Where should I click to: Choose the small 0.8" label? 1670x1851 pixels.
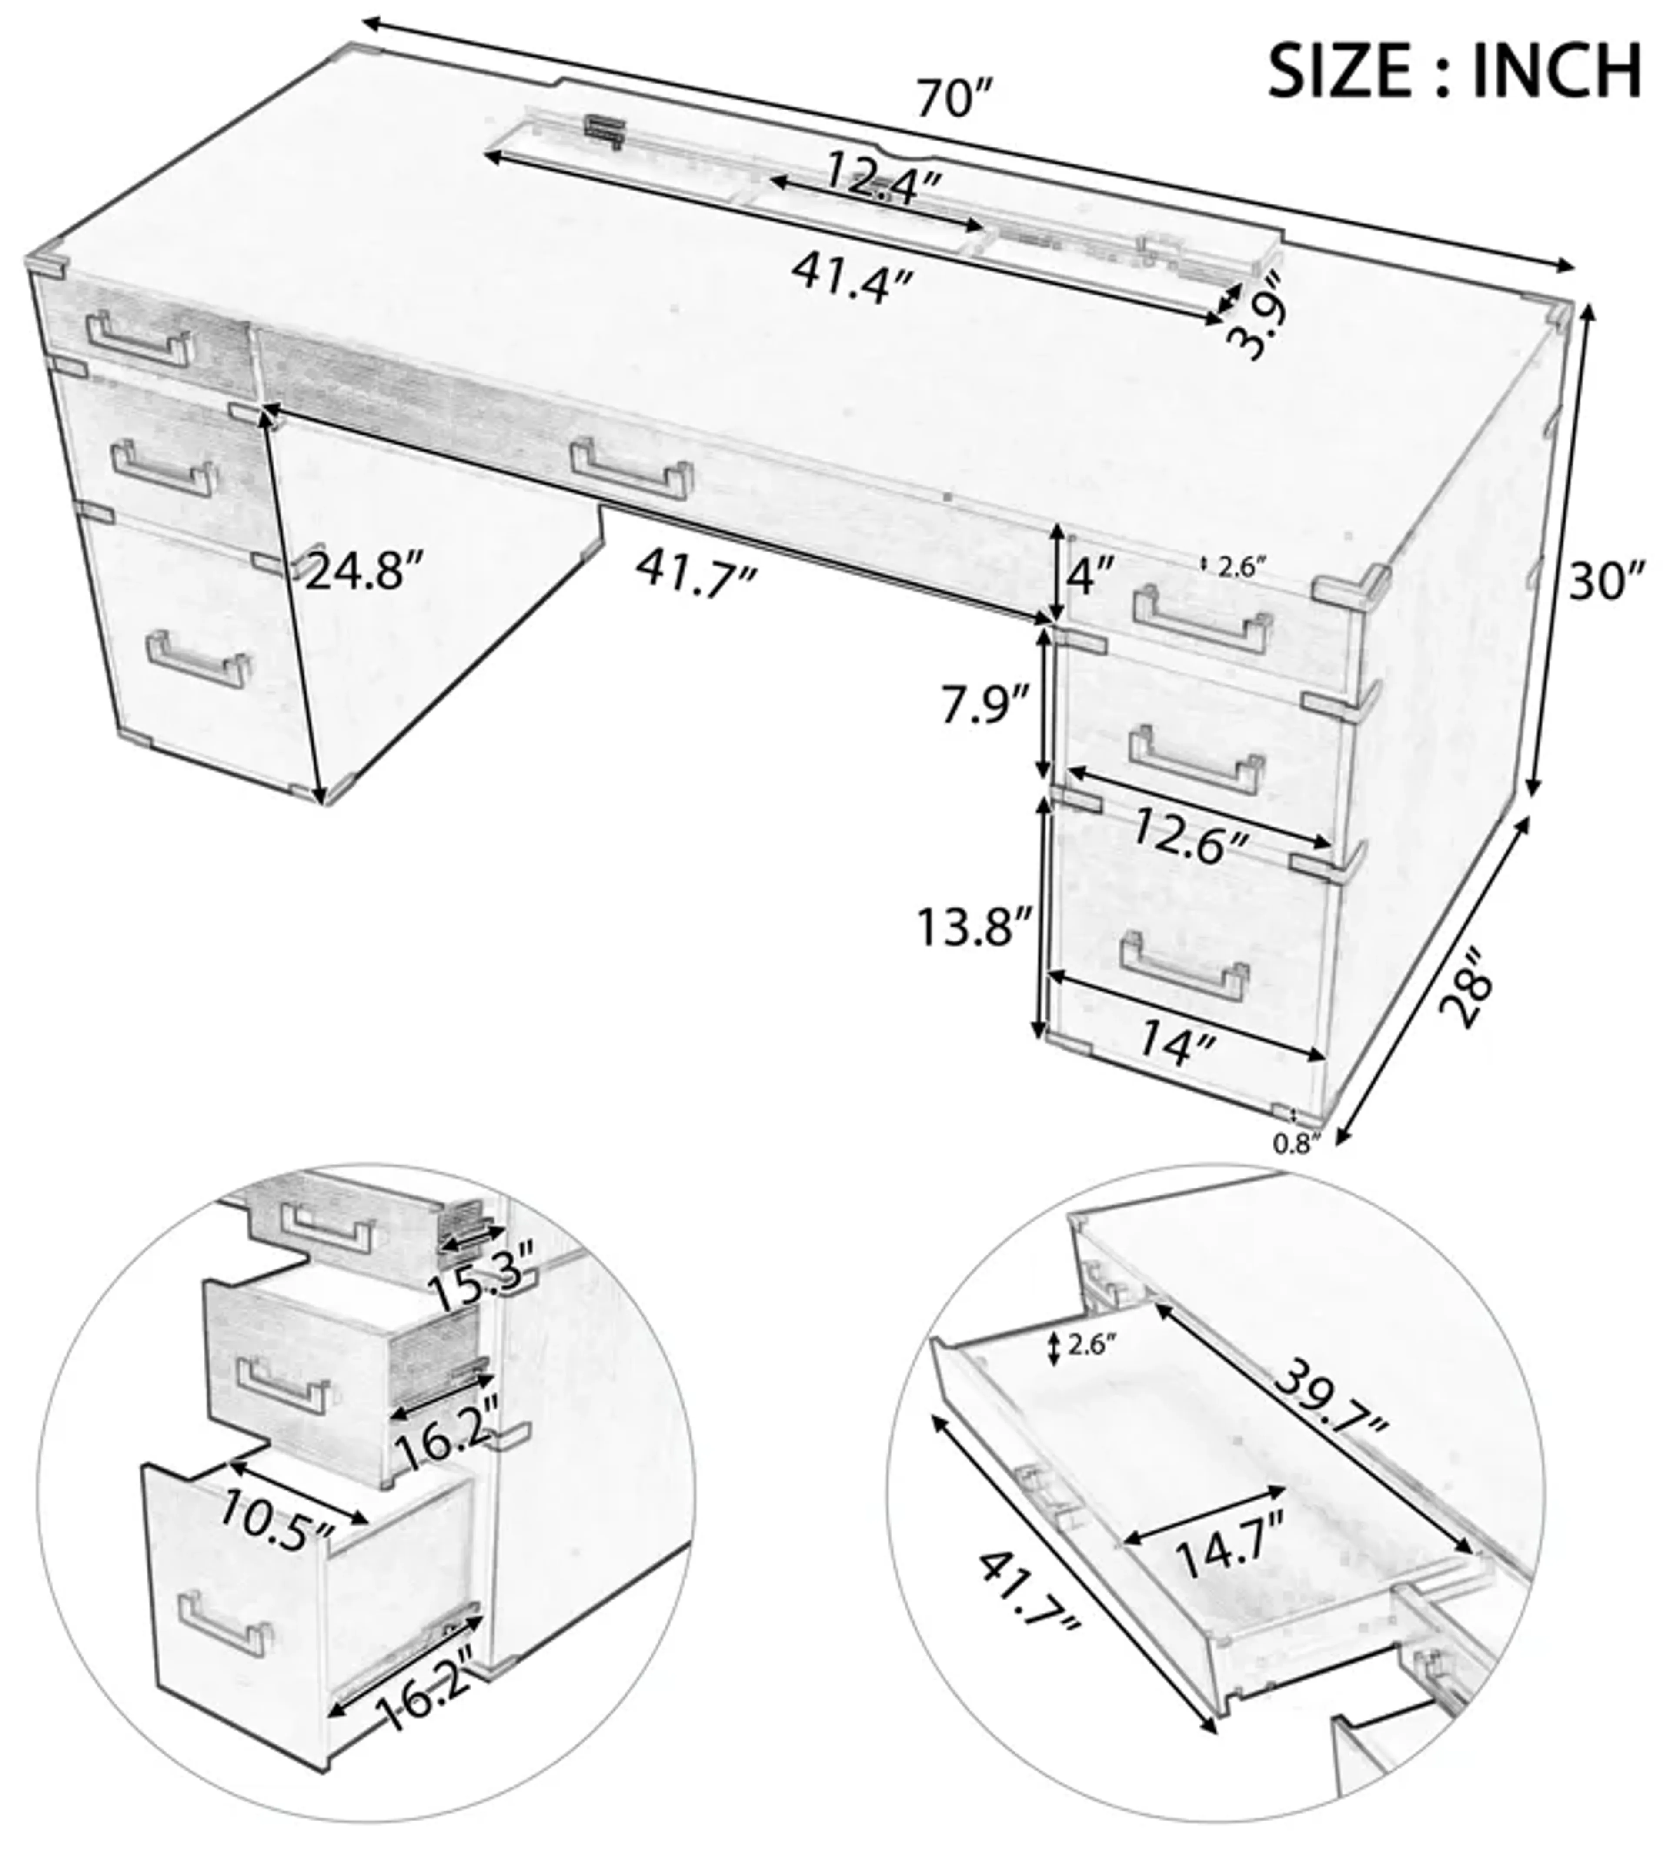(1295, 1144)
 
